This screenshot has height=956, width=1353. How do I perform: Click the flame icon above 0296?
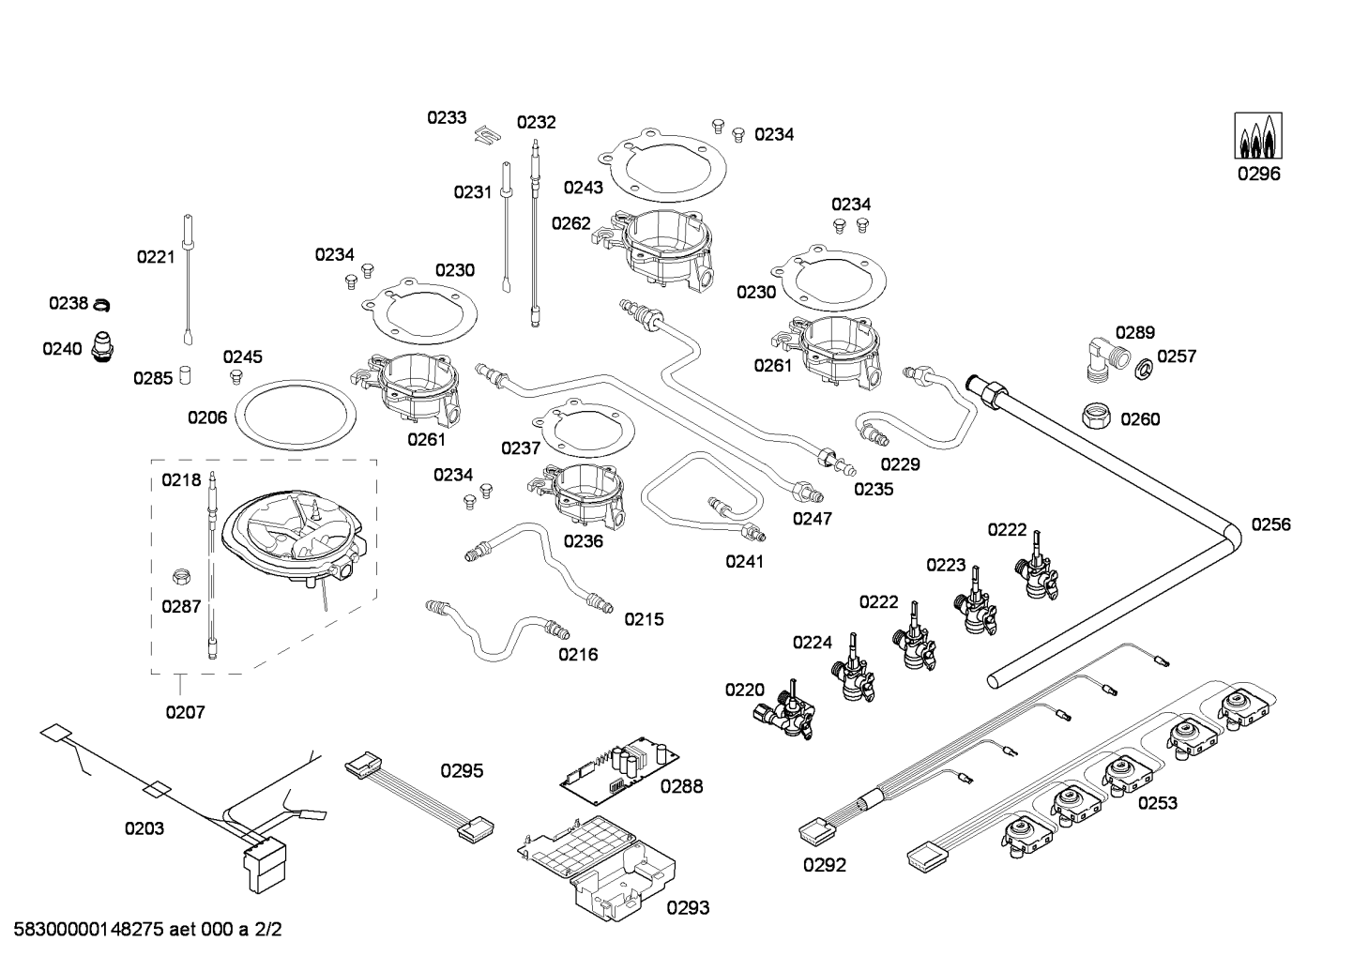[1258, 136]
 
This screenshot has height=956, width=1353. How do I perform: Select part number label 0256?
[1271, 524]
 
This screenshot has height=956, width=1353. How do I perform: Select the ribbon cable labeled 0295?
[419, 796]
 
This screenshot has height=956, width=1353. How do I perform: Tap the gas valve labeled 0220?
[786, 711]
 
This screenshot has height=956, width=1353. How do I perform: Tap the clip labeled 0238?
[102, 304]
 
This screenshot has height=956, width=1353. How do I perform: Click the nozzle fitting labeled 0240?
[102, 346]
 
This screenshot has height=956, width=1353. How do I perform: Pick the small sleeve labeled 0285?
[186, 375]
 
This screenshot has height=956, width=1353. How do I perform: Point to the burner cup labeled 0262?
[659, 246]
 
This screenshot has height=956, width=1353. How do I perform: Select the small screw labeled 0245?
[236, 377]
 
